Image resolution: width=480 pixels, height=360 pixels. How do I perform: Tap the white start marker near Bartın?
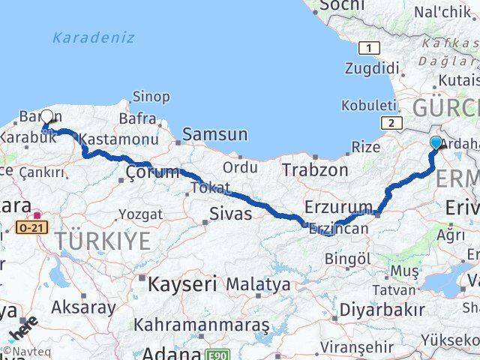click(x=47, y=118)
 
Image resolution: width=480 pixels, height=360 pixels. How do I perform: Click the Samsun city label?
click(x=214, y=134)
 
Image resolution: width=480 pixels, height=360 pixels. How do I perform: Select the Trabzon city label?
click(x=315, y=170)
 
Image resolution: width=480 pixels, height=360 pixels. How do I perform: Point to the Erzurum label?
click(x=338, y=206)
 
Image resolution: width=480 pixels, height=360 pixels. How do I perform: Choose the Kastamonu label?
click(x=118, y=139)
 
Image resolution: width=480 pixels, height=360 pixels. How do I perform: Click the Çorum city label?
click(x=152, y=174)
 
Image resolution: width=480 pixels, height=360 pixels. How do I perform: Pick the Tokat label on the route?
click(x=210, y=187)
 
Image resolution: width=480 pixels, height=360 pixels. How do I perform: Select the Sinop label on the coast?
click(x=151, y=96)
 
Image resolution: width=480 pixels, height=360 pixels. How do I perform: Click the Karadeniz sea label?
click(x=94, y=37)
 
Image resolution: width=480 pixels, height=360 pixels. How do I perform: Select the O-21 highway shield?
click(x=31, y=225)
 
